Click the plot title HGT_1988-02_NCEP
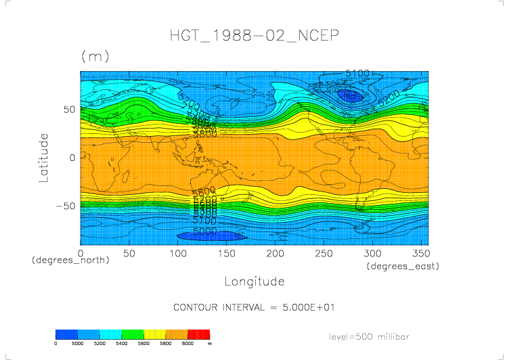tap(254, 35)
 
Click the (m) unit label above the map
tap(95, 57)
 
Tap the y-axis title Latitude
tap(44, 158)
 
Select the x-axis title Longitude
tap(254, 281)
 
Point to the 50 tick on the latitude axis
tap(68, 109)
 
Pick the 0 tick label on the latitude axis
tap(72, 158)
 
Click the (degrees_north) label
tap(70, 260)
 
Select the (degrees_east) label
tap(403, 267)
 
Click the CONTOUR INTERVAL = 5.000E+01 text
tap(254, 307)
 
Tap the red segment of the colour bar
tap(199, 334)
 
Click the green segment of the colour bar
tap(133, 334)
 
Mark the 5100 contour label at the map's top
tap(357, 73)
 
